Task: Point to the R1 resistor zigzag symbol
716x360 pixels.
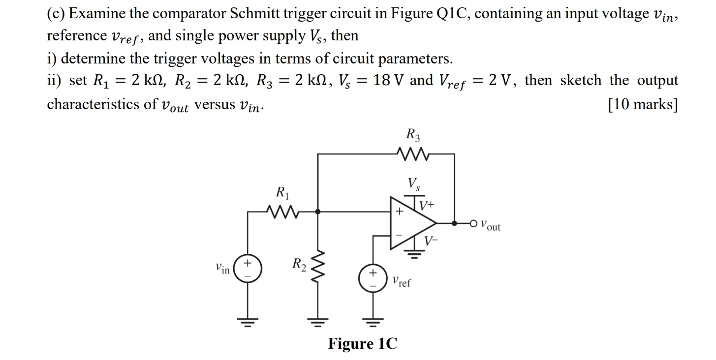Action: tap(283, 211)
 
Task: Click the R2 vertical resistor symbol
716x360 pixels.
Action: tap(317, 270)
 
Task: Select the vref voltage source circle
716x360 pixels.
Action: tap(372, 277)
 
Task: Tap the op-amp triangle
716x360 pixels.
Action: tap(411, 223)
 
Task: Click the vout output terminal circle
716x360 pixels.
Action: tap(474, 223)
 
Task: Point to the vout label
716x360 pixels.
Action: tap(490, 226)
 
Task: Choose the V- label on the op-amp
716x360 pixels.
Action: tap(431, 240)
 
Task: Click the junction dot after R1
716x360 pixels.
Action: tap(317, 211)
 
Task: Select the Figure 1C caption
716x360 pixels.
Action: tap(362, 343)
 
